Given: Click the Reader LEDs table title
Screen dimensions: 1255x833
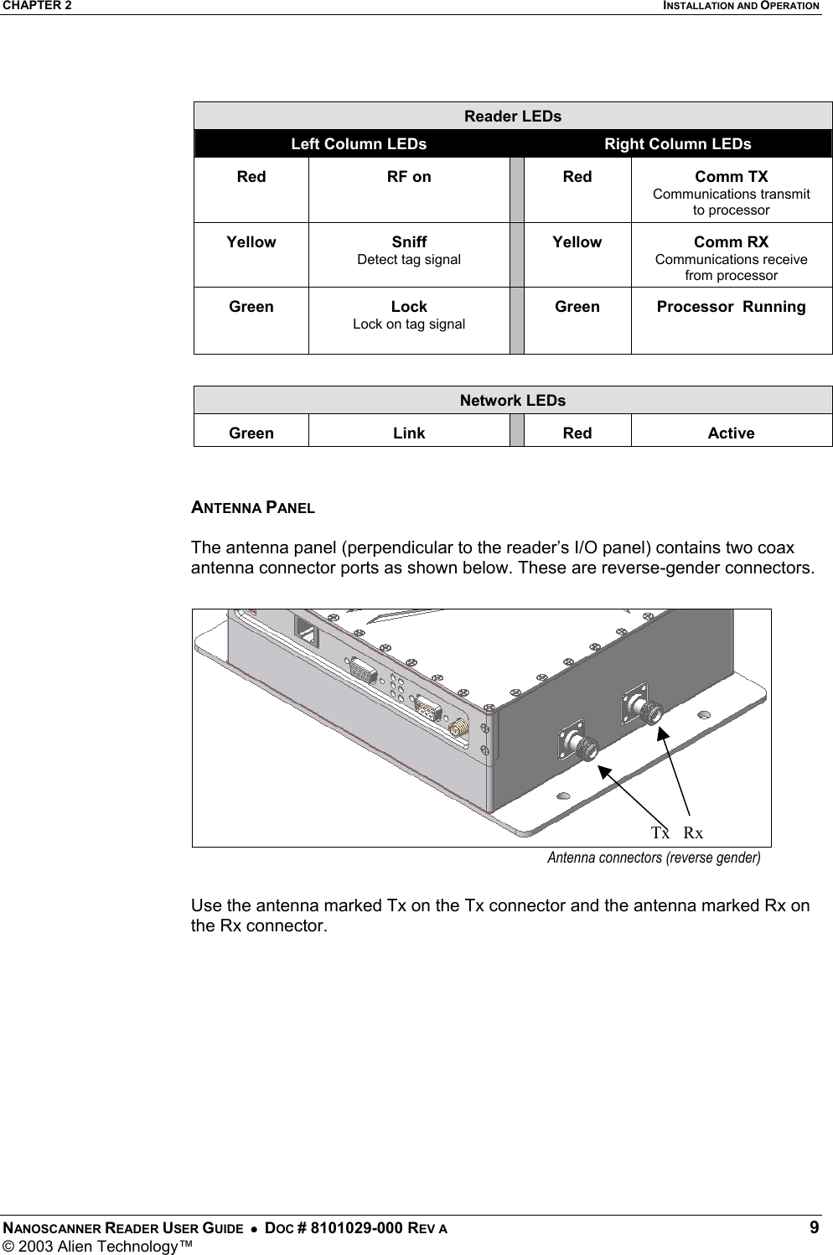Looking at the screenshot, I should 513,116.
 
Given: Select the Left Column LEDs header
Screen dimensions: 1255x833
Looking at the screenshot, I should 358,144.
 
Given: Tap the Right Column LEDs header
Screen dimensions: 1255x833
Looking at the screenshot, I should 677,144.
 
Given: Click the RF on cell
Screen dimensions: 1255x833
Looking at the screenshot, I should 409,177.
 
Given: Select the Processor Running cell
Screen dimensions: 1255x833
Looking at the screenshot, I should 731,307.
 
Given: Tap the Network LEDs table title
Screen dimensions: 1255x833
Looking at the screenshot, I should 513,401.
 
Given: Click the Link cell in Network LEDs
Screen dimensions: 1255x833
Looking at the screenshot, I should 409,433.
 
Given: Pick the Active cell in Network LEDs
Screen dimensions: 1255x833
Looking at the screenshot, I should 731,433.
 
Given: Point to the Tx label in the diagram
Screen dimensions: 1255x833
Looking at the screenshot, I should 660,832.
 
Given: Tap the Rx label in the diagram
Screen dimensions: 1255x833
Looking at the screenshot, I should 693,832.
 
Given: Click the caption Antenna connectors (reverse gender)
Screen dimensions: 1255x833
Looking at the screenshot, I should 654,858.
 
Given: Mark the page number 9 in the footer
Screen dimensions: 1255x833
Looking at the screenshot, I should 815,1228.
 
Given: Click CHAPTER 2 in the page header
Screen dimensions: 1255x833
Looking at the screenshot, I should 36,6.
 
